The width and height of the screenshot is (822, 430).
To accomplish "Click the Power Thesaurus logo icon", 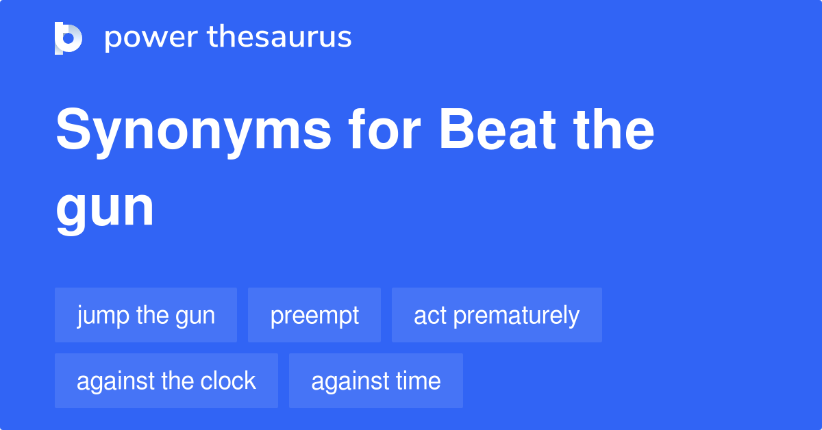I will pos(68,38).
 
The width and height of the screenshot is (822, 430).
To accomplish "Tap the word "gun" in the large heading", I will pos(105,209).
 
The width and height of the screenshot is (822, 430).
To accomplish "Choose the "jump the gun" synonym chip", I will pos(146,315).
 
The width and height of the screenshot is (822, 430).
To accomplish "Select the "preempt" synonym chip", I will pos(314,315).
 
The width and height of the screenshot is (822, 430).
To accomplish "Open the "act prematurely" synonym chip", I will pos(497,315).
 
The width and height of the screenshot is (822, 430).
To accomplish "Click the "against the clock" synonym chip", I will pos(166,381).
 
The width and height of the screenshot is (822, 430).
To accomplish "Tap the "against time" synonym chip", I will pos(376,381).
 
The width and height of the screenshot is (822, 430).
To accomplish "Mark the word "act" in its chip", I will pos(430,316).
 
